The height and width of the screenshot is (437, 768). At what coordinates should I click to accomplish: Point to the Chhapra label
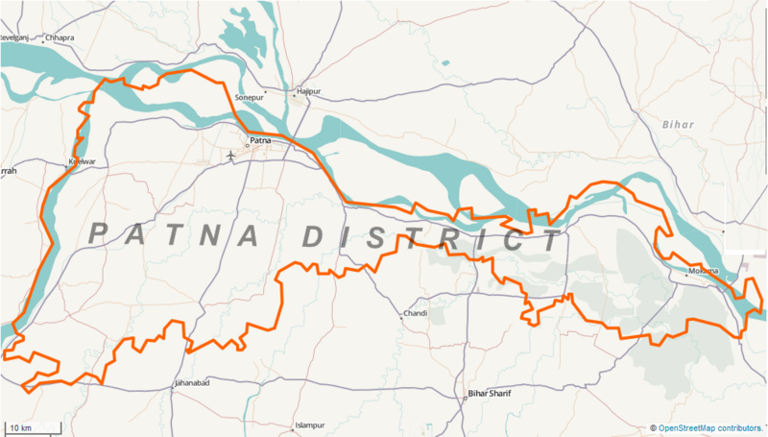pyautogui.click(x=60, y=37)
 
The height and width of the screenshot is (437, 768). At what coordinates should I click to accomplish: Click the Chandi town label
pyautogui.click(x=416, y=314)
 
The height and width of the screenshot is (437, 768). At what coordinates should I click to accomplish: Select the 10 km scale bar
pyautogui.click(x=27, y=426)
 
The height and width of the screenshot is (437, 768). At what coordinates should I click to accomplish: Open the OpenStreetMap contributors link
pyautogui.click(x=710, y=427)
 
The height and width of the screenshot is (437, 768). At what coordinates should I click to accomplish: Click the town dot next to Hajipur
pyautogui.click(x=294, y=95)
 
